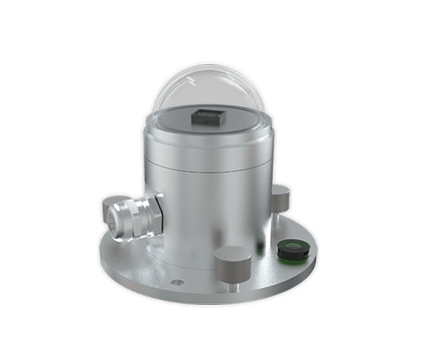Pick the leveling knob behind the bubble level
coord(280,195)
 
